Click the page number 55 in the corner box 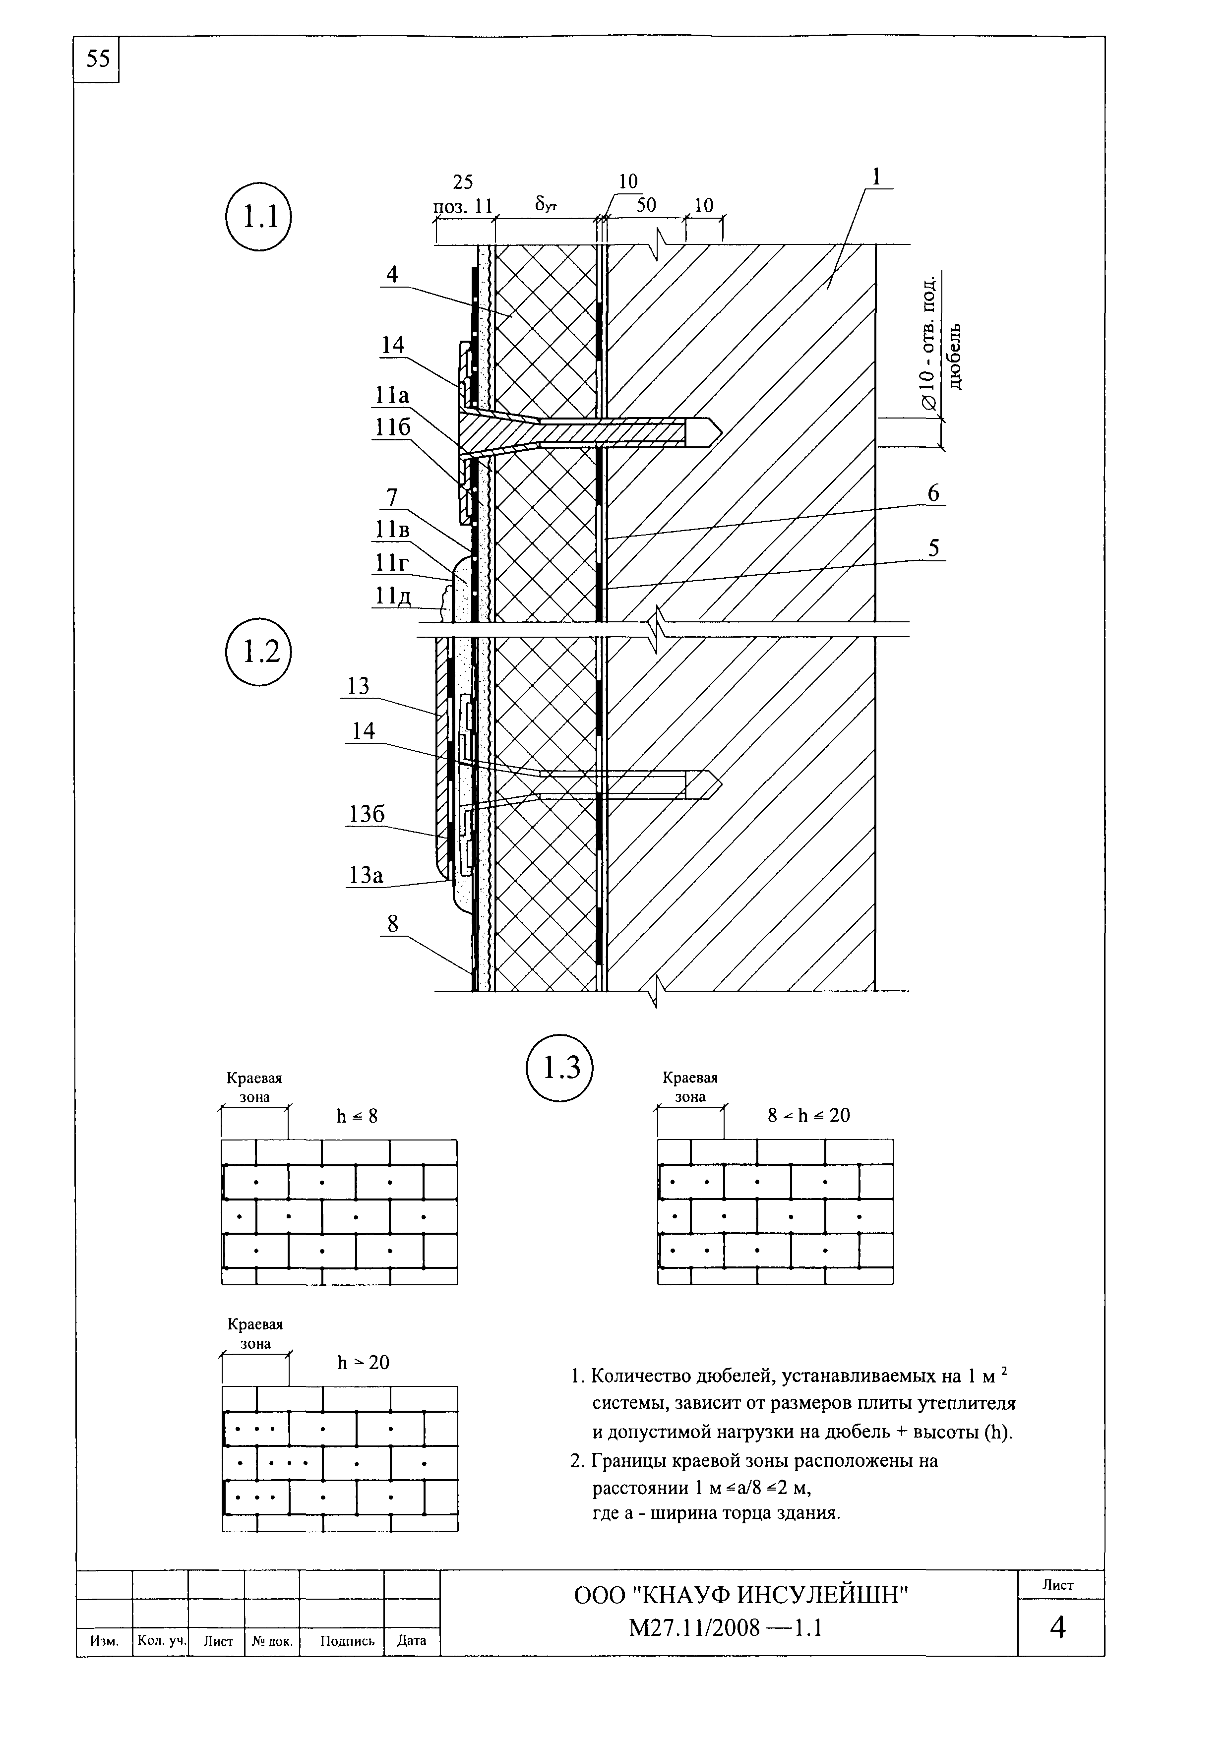click(x=98, y=59)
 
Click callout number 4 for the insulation click(x=392, y=274)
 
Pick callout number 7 click(x=392, y=498)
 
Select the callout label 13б click(x=367, y=814)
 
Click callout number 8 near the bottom click(x=392, y=924)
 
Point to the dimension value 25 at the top click(x=463, y=182)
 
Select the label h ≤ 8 click(x=357, y=1116)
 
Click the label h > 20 click(x=363, y=1363)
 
